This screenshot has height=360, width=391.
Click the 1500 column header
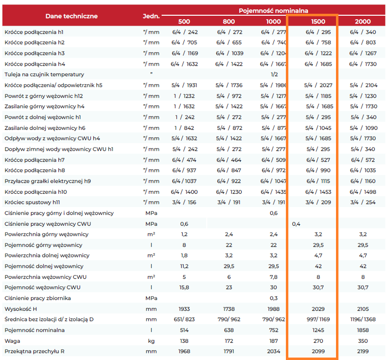tap(318, 22)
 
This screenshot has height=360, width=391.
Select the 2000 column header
tap(363, 22)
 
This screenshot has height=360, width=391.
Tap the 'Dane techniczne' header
tap(72, 16)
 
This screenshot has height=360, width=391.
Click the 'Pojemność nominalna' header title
tap(273, 11)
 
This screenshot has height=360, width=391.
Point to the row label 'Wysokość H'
tap(21, 309)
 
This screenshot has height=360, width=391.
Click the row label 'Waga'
tap(12, 341)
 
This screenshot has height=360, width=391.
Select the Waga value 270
tap(318, 341)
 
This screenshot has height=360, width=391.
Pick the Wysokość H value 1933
tap(184, 309)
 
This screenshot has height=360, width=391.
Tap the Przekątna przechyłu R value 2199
tap(363, 351)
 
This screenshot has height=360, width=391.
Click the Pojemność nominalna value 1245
tap(318, 330)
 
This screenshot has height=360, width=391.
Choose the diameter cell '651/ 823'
tap(184, 319)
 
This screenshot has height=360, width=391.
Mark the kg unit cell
tap(151, 341)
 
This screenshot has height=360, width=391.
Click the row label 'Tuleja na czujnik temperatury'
tap(44, 74)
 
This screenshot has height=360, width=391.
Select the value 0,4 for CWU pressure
tap(296, 224)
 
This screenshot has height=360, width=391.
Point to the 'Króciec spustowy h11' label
tap(32, 202)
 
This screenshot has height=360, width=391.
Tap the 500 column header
tap(184, 22)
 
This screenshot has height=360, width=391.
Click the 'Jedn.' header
tap(151, 16)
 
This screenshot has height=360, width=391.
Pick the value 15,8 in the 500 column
tap(184, 287)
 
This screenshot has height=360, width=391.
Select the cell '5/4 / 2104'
tap(363, 85)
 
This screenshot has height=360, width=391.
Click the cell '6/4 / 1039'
tap(229, 53)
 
